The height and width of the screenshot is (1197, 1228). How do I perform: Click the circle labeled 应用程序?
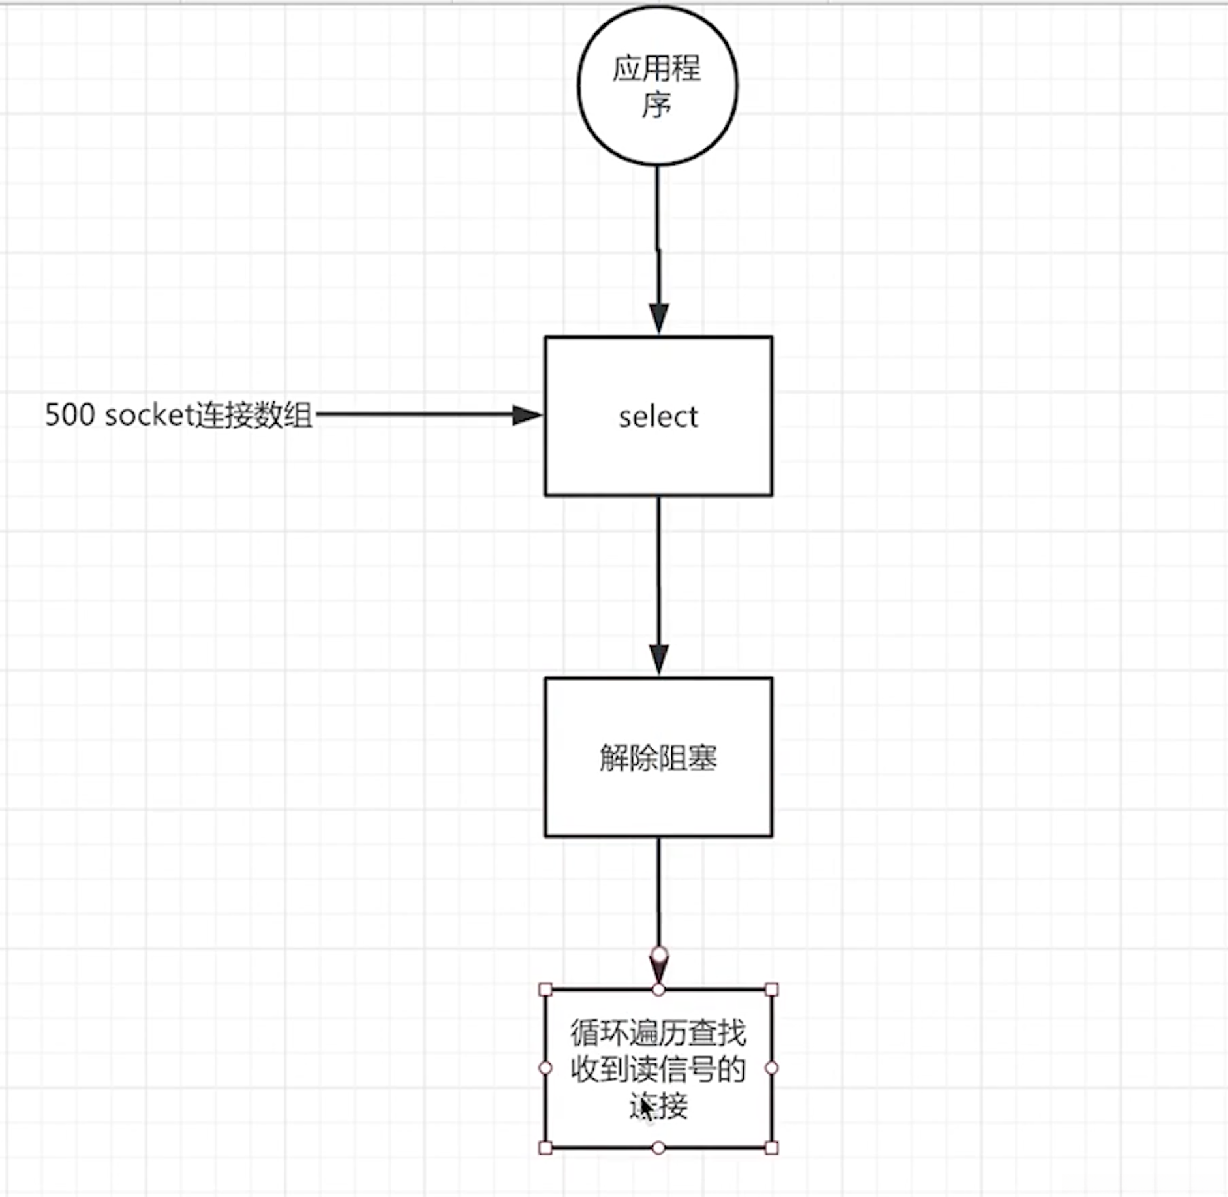(658, 86)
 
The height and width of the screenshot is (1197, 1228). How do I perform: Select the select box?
(658, 457)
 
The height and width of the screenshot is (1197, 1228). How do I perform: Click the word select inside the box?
(658, 416)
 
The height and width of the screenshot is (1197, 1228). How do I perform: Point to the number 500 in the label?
(70, 414)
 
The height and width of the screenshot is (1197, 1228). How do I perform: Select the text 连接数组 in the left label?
(254, 415)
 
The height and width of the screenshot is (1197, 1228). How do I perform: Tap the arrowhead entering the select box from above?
(659, 319)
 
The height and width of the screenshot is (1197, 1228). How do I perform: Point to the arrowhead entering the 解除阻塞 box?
(659, 659)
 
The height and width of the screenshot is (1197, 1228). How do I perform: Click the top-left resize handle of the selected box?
(545, 989)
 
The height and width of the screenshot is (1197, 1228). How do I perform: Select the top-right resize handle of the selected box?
(771, 989)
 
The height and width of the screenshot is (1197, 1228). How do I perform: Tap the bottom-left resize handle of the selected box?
(545, 1147)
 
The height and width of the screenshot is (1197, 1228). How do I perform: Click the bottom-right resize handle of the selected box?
(771, 1147)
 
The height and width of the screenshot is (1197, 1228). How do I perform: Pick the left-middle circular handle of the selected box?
(545, 1068)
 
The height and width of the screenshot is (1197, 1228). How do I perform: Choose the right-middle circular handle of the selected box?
(771, 1068)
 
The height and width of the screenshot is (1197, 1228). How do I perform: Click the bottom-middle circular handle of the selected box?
(658, 1147)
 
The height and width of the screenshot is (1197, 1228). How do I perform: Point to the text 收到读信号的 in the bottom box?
(658, 1070)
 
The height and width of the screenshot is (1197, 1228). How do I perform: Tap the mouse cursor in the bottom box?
(646, 1108)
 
